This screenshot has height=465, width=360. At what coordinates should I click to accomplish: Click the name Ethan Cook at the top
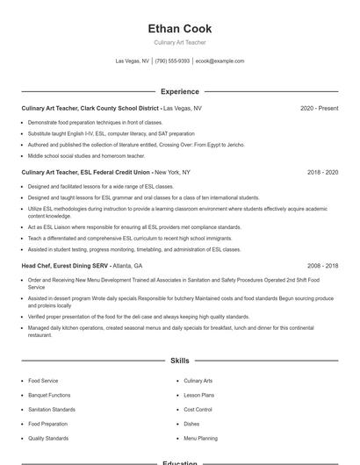pos(180,29)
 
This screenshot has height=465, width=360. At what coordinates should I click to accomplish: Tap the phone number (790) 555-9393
pos(172,61)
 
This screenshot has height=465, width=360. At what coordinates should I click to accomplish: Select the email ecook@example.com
pos(220,61)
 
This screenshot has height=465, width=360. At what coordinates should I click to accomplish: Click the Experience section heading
pos(180,91)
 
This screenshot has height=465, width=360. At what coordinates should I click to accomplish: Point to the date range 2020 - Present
pos(319,108)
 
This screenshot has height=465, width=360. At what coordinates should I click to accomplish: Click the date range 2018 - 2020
pos(322,172)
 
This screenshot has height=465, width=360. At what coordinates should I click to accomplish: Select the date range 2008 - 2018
pos(322,265)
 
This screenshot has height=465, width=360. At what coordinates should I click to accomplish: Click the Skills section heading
pos(180,361)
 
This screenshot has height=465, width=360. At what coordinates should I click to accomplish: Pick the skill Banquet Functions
pos(49,395)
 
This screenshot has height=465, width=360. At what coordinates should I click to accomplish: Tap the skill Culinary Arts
pos(198,381)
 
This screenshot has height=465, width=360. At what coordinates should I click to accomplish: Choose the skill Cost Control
pos(198,409)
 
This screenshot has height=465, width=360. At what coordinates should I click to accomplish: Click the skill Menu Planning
pos(200,437)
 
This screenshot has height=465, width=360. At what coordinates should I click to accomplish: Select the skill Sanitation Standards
pos(52,409)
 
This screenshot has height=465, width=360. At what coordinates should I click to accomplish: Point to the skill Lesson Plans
pos(198,395)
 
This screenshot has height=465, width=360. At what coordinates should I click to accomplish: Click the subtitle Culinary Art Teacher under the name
pos(180,42)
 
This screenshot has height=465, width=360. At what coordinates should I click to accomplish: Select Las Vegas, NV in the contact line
pos(132,61)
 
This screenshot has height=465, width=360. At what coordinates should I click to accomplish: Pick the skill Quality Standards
pos(48,437)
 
